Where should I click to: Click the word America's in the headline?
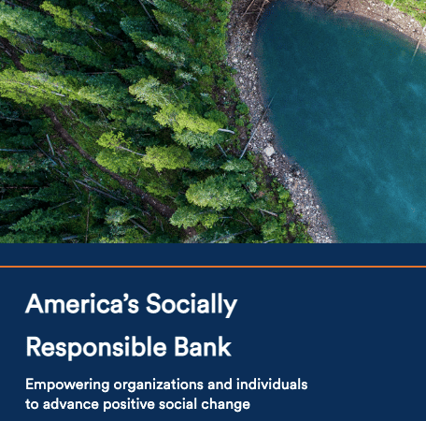point(82,303)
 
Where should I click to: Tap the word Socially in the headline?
point(192,305)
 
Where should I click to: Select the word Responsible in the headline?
point(96,348)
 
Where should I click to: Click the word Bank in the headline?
point(203,346)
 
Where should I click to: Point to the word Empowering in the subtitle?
point(67,385)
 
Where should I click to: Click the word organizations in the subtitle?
point(159,385)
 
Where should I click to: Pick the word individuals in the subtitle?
point(272,385)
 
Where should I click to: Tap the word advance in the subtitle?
point(70,404)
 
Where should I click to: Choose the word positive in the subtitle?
point(129,405)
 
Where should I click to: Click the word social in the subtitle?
point(177,404)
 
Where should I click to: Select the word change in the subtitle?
point(225,405)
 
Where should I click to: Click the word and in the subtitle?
point(220,385)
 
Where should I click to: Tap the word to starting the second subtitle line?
point(32,404)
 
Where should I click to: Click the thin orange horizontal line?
point(213,267)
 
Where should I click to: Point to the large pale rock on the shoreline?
point(269,152)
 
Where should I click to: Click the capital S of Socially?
point(155,303)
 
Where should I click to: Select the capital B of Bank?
point(182,346)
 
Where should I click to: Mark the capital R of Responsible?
point(34,346)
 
